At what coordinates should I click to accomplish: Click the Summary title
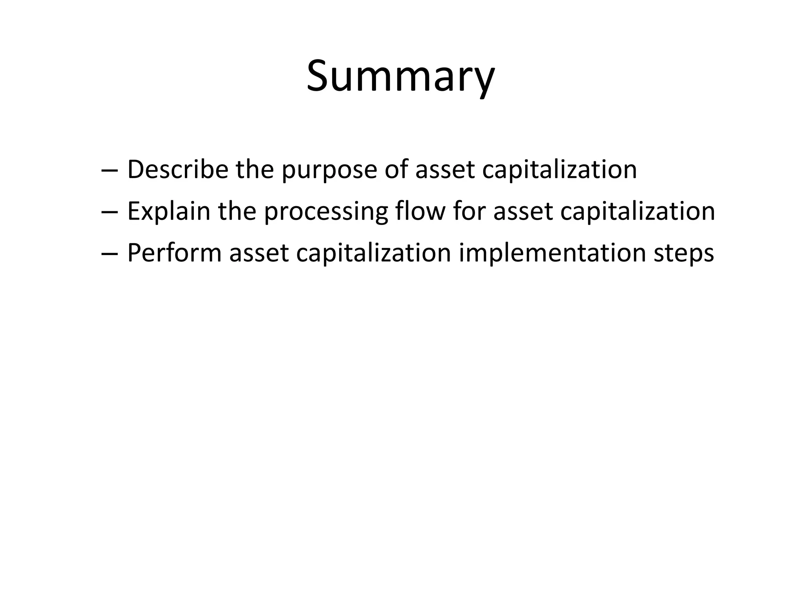point(400,76)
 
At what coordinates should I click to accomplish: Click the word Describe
point(178,169)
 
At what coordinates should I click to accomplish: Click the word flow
point(420,211)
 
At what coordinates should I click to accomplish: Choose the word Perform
point(174,253)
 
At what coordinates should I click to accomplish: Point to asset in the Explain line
point(523,212)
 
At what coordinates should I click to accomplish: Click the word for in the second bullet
point(469,211)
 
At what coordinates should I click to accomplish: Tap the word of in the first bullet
point(396,169)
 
